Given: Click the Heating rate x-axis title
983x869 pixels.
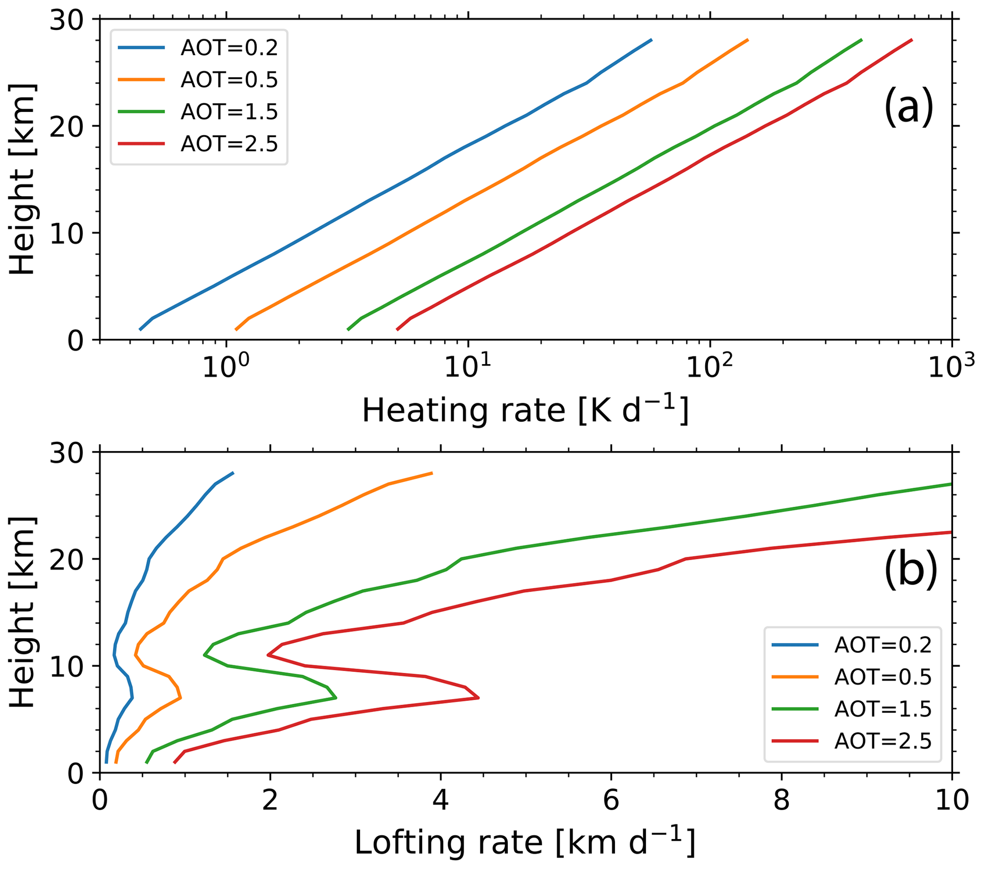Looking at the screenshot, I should tap(525, 410).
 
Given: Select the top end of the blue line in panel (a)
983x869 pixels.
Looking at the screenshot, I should tap(652, 40).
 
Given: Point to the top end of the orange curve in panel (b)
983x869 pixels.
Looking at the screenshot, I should tap(432, 474).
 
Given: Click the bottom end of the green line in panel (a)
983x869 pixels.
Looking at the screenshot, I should tap(348, 330).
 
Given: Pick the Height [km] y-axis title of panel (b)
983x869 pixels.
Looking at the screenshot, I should tap(23, 612).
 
